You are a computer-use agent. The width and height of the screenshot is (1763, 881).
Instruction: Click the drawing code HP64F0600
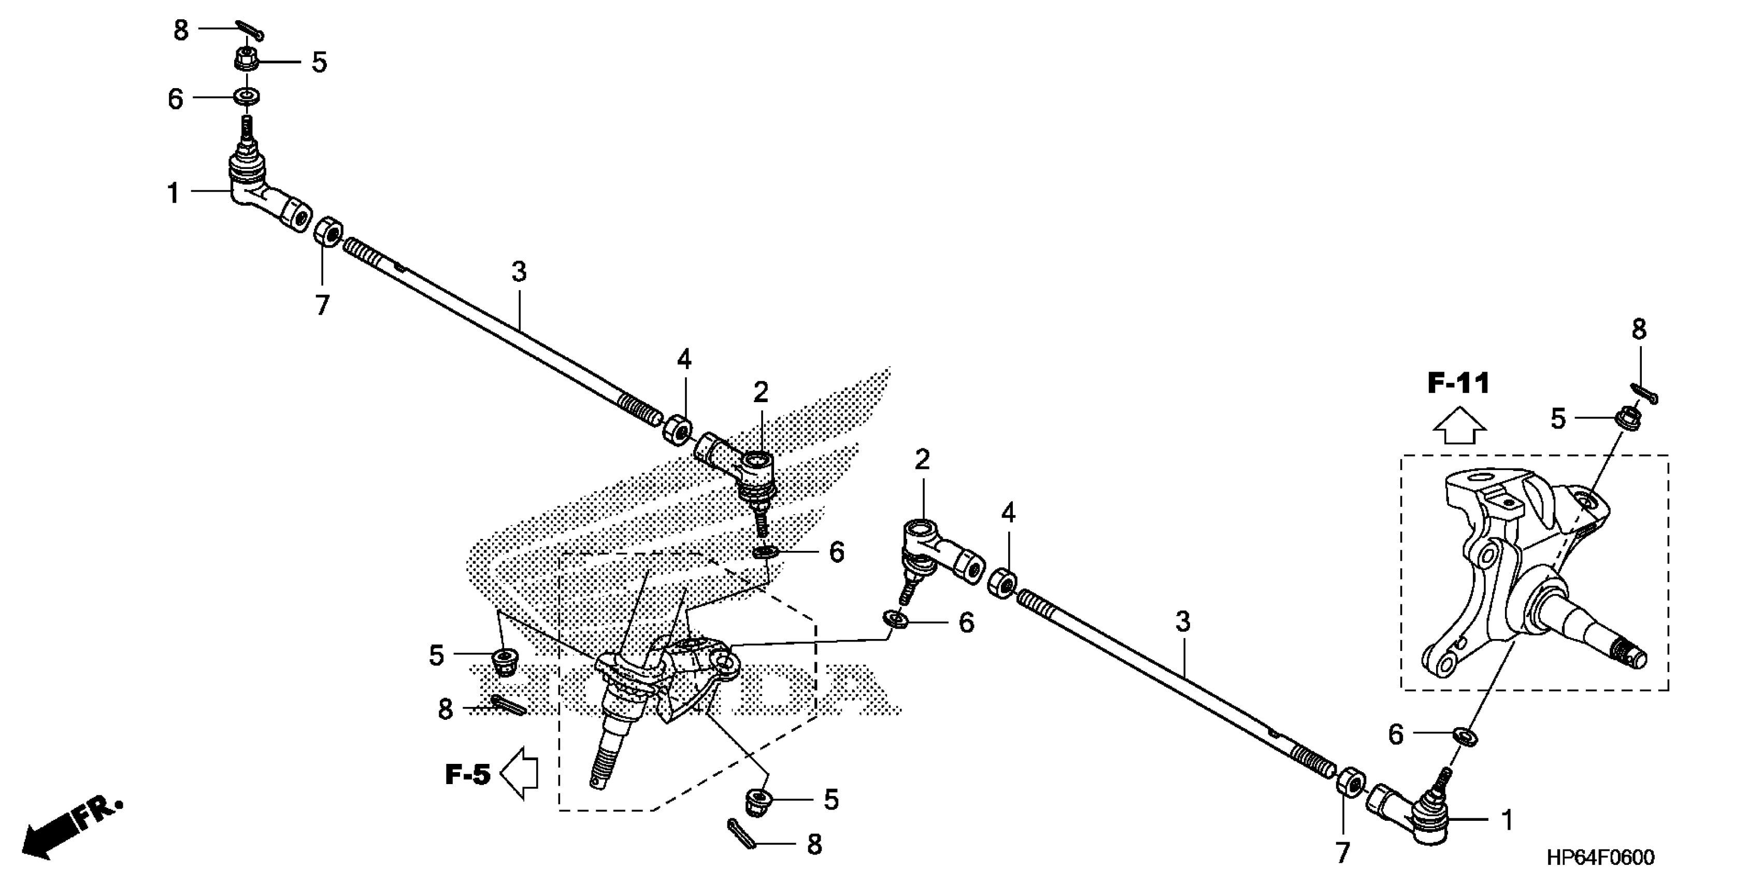point(1601,857)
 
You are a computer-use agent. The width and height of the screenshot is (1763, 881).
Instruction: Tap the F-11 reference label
point(1458,384)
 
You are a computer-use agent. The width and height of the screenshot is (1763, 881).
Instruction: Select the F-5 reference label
point(468,775)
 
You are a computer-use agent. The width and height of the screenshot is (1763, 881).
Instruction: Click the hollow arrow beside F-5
point(520,774)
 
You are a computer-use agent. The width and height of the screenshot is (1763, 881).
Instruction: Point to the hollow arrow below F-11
point(1459,427)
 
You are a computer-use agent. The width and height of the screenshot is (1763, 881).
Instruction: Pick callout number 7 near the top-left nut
point(322,305)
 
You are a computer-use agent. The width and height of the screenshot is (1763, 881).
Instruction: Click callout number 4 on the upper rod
point(684,359)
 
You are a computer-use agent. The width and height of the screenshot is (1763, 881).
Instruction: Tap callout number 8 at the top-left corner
point(181,31)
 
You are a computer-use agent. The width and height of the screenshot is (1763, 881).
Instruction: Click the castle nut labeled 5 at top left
point(246,60)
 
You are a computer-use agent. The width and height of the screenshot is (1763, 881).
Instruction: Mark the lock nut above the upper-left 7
point(328,232)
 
